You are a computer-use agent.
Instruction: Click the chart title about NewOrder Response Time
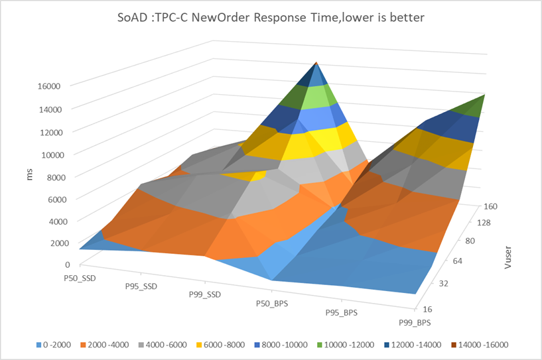[271, 18]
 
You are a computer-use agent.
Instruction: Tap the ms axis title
[31, 175]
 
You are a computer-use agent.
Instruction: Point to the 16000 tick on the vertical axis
[48, 86]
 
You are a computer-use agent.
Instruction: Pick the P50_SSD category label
[76, 278]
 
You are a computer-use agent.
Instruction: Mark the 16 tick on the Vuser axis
[429, 309]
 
